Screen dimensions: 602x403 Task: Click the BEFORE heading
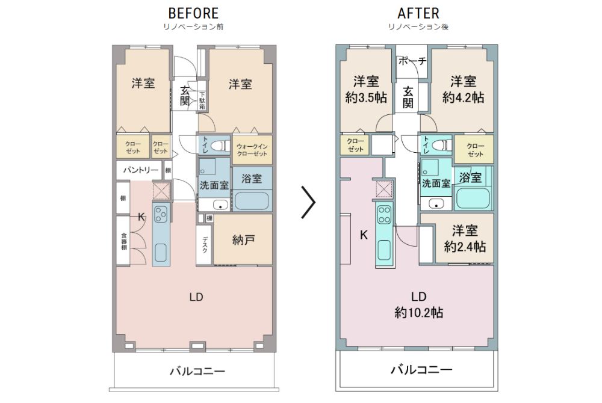(x=193, y=13)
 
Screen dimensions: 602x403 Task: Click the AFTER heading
(x=418, y=13)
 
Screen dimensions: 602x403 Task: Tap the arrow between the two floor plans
(x=308, y=202)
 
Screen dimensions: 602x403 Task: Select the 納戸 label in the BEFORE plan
(x=243, y=240)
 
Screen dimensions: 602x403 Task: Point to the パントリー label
(x=140, y=170)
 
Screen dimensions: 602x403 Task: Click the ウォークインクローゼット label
(x=252, y=150)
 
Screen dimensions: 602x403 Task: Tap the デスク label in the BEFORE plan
(x=205, y=245)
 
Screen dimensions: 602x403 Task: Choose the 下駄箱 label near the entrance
(x=202, y=101)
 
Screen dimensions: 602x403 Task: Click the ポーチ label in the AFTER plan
(x=412, y=61)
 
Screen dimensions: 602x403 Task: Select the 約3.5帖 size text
(x=366, y=97)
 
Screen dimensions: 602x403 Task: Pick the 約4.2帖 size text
(x=463, y=97)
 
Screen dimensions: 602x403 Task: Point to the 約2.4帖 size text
(x=465, y=247)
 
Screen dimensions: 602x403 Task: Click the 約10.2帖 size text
(x=419, y=313)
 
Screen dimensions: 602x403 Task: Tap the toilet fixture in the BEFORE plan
(x=220, y=146)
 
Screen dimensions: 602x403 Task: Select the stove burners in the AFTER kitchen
(x=384, y=215)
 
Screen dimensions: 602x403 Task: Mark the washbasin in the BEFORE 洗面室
(x=220, y=205)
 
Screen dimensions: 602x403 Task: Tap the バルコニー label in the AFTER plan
(x=421, y=370)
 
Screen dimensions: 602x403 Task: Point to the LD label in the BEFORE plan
(x=196, y=297)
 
